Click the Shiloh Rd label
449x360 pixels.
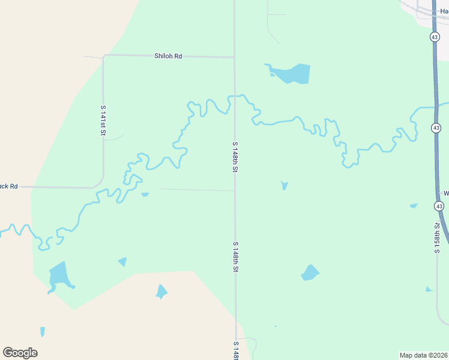tap(168, 56)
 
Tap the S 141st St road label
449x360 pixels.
tap(103, 120)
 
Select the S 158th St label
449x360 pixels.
tap(438, 238)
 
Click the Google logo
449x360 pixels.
tap(20, 352)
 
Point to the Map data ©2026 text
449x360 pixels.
tap(423, 355)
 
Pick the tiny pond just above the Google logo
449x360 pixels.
tap(43, 331)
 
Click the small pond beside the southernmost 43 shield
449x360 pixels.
tap(414, 206)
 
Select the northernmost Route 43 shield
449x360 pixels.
tap(434, 37)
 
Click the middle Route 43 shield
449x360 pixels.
tap(436, 128)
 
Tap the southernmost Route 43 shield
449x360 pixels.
tap(439, 206)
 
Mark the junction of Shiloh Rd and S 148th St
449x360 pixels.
tap(234, 58)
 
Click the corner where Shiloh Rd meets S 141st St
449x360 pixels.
tap(104, 56)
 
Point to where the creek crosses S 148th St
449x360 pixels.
tap(234, 95)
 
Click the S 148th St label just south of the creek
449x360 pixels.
tap(235, 158)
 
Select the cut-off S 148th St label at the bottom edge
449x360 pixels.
tap(235, 350)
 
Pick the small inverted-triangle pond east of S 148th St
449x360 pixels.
tap(285, 185)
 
